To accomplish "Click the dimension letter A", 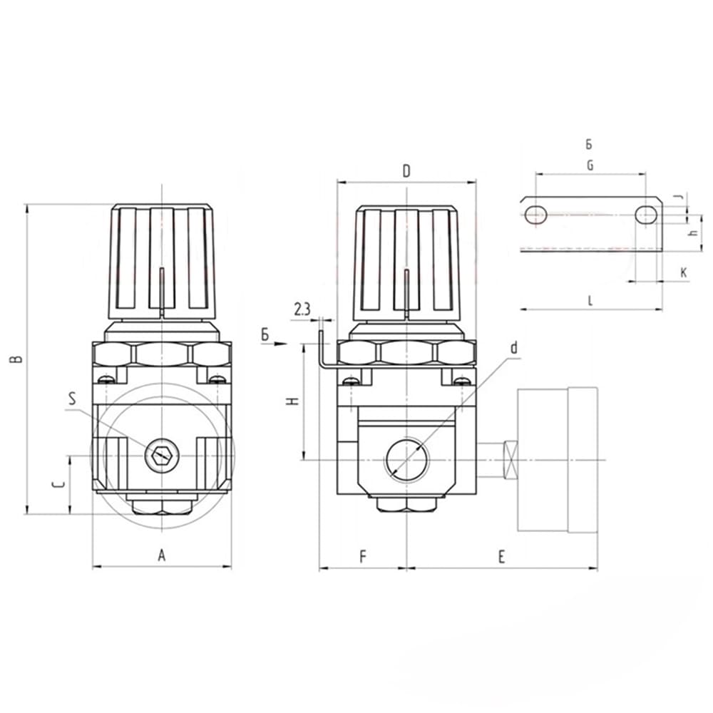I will tap(161, 555).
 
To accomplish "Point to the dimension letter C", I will tap(60, 485).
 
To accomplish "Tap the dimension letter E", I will tap(501, 557).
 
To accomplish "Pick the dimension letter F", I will tap(362, 557).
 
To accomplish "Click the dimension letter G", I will tap(590, 165).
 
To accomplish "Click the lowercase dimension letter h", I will tap(692, 235).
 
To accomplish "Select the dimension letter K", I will tap(683, 272).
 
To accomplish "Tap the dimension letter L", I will tap(590, 300).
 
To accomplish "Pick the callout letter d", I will tap(513, 348).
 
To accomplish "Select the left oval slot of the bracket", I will tap(536, 213).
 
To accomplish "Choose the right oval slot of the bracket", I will tap(646, 213).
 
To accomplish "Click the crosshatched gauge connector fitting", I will tap(510, 460).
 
